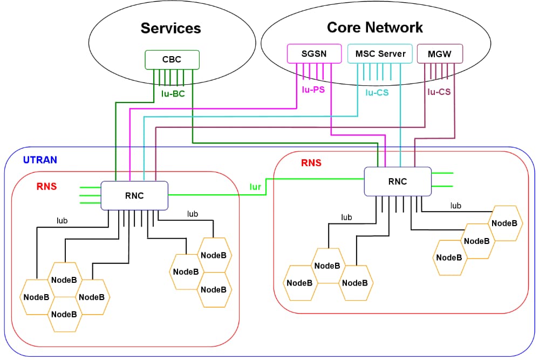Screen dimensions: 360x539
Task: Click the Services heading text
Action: pyautogui.click(x=170, y=28)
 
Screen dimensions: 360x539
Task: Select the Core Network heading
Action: pyautogui.click(x=375, y=27)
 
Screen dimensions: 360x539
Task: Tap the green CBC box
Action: pyautogui.click(x=172, y=59)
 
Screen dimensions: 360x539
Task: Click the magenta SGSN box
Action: pyautogui.click(x=313, y=53)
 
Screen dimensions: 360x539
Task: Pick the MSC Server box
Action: pyautogui.click(x=380, y=53)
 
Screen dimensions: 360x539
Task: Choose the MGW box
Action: pyautogui.click(x=440, y=53)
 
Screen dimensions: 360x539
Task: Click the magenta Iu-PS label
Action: pyautogui.click(x=313, y=90)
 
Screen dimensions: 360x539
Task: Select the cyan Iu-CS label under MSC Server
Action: pyautogui.click(x=377, y=92)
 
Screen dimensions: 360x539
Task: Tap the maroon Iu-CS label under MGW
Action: pyautogui.click(x=439, y=92)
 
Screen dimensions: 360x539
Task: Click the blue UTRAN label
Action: pyautogui.click(x=40, y=160)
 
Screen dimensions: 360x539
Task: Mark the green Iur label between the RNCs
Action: pyautogui.click(x=255, y=187)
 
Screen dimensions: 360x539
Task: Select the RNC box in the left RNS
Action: pyautogui.click(x=134, y=195)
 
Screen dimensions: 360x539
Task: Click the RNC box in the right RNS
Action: pyautogui.click(x=398, y=181)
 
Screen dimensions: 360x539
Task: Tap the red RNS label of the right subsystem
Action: pyautogui.click(x=311, y=162)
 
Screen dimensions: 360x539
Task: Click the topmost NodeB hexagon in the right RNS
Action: pyautogui.click(x=505, y=223)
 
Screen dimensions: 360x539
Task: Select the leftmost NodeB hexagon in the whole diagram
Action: pyautogui.click(x=36, y=297)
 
